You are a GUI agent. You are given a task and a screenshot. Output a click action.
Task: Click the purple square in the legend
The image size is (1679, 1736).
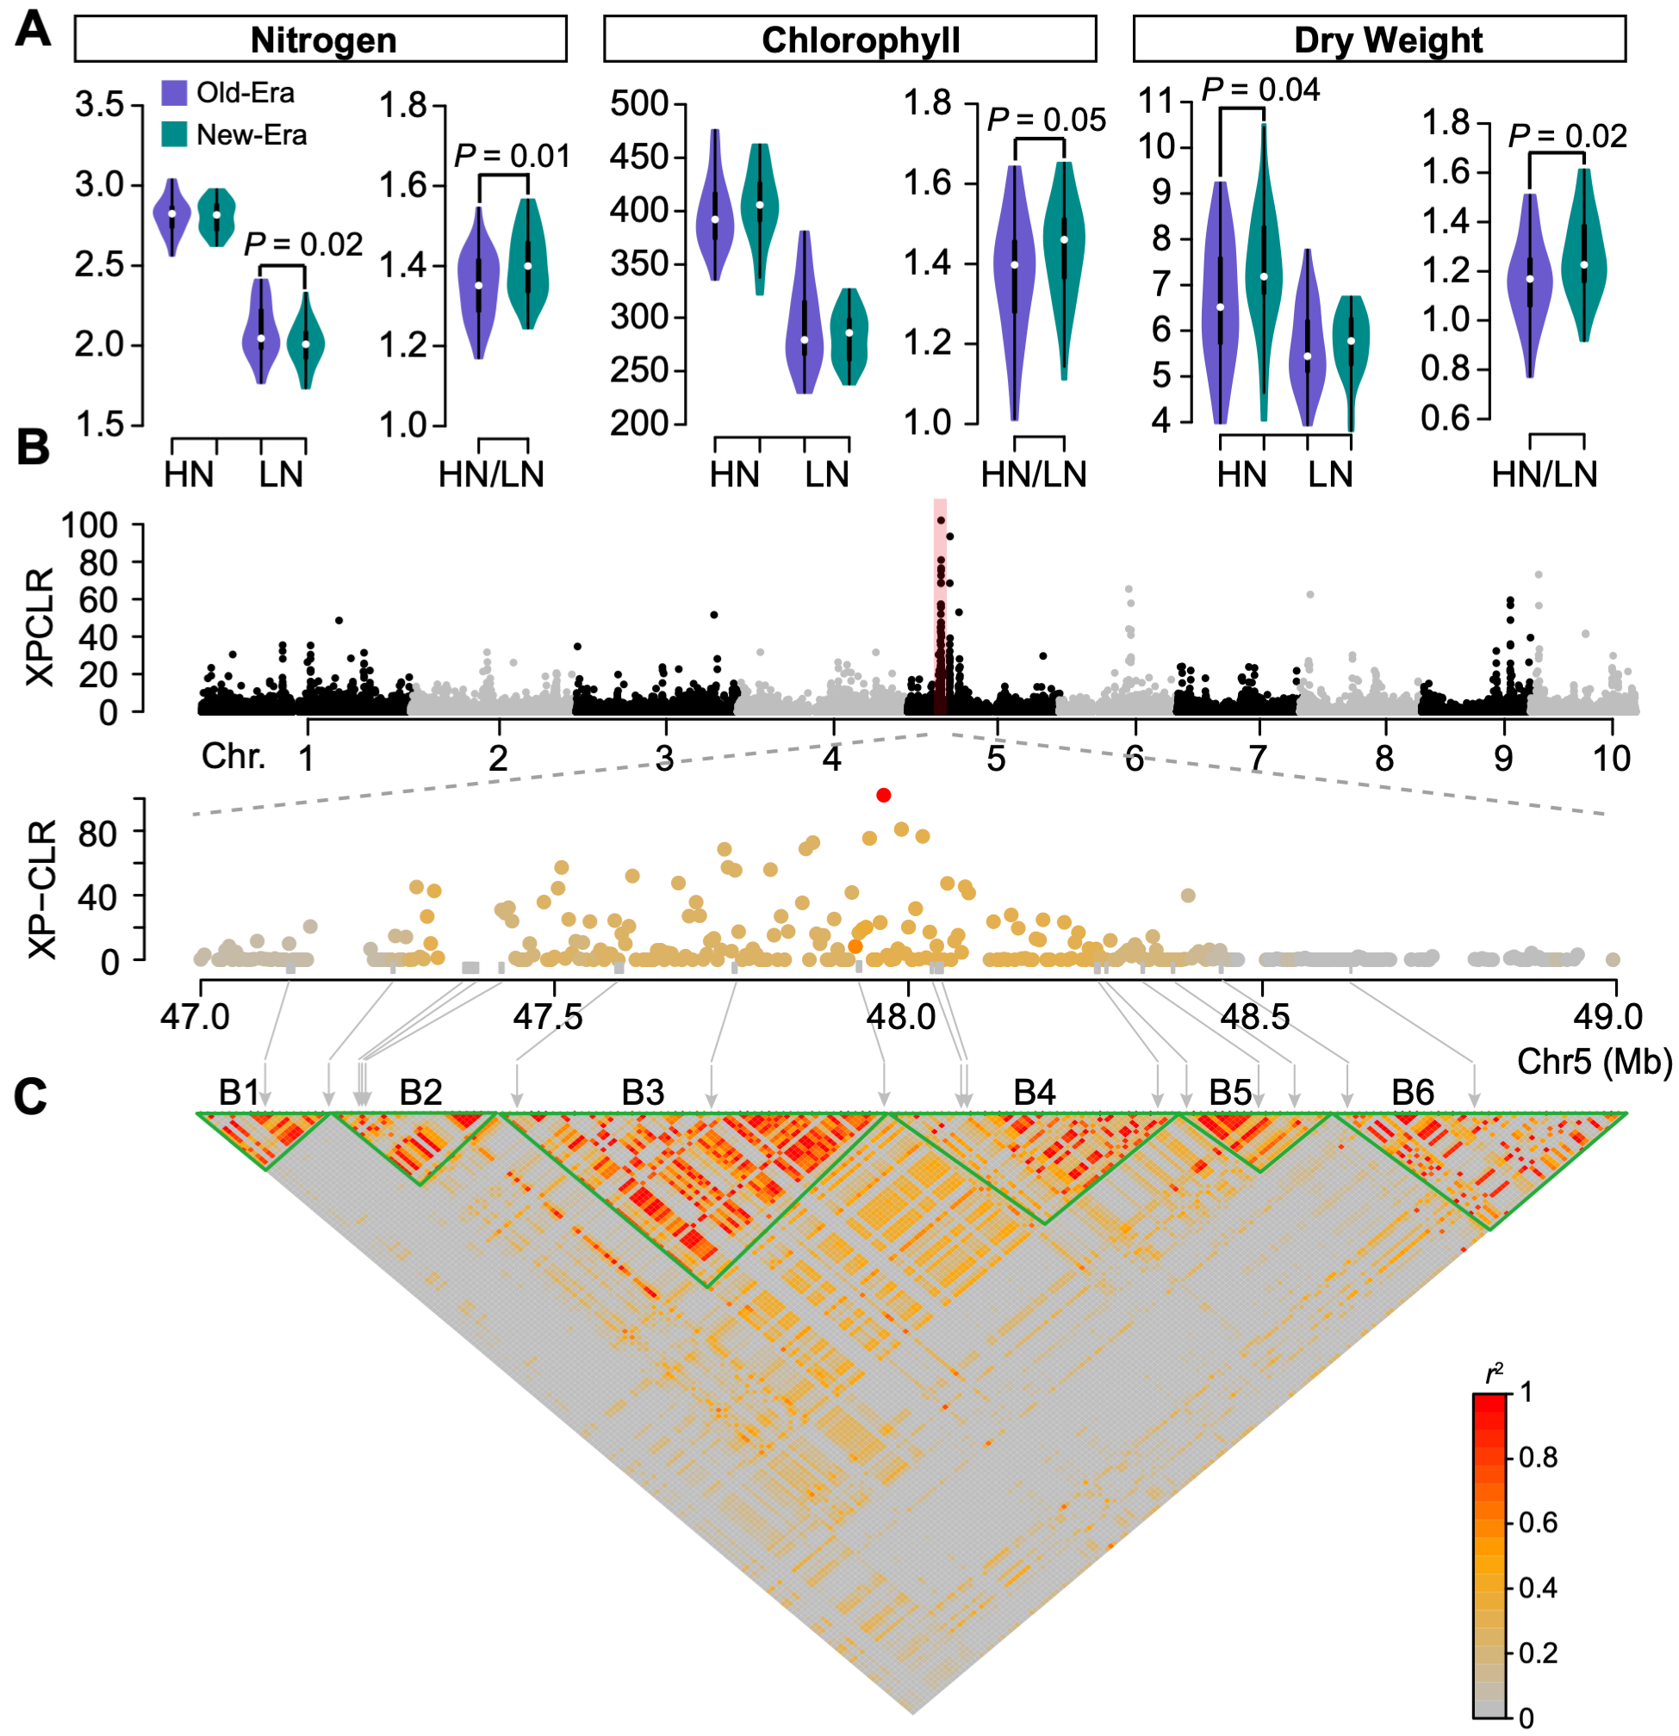(175, 93)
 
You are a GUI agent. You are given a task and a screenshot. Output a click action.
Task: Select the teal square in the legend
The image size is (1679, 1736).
(175, 133)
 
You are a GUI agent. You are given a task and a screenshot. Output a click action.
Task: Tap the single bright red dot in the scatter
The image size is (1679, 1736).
(883, 796)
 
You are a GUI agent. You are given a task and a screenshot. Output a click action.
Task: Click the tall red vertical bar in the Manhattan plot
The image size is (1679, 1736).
(940, 611)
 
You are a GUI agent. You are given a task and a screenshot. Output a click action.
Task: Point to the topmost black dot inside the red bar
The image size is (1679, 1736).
(941, 521)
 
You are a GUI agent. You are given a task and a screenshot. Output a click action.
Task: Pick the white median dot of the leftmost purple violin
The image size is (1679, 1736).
(172, 214)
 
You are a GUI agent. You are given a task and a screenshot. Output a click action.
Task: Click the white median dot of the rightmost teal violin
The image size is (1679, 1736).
(1583, 265)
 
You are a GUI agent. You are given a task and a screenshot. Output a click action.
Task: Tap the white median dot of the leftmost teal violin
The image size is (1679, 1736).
(216, 214)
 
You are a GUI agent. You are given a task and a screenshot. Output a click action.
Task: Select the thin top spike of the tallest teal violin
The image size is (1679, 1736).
(1264, 142)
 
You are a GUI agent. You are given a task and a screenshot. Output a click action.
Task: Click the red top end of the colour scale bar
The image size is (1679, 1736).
(1489, 1402)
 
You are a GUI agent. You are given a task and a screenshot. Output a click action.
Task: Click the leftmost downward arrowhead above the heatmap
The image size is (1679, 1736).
(265, 1101)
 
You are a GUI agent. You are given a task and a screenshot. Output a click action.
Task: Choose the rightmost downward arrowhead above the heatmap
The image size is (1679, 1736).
(1474, 1101)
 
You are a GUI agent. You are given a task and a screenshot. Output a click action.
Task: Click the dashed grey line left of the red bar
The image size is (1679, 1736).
(558, 775)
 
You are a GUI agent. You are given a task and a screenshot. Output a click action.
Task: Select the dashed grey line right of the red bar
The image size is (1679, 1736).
(1276, 775)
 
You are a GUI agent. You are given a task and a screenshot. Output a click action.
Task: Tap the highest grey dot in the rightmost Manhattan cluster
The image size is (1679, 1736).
(1538, 575)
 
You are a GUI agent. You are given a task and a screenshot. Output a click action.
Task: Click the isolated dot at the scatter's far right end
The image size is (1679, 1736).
(1613, 959)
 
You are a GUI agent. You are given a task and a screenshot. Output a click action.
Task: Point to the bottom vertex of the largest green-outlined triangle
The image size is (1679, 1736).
(709, 1286)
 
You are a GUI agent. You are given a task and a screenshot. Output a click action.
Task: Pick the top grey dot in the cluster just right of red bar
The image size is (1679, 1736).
(1129, 589)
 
